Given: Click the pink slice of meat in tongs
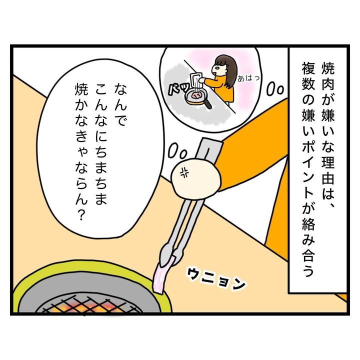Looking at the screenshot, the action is click(x=163, y=275).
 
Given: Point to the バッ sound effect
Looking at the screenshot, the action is click(x=179, y=88).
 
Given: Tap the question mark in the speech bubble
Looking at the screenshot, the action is click(x=80, y=215).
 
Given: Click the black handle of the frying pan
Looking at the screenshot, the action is click(x=207, y=104).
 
